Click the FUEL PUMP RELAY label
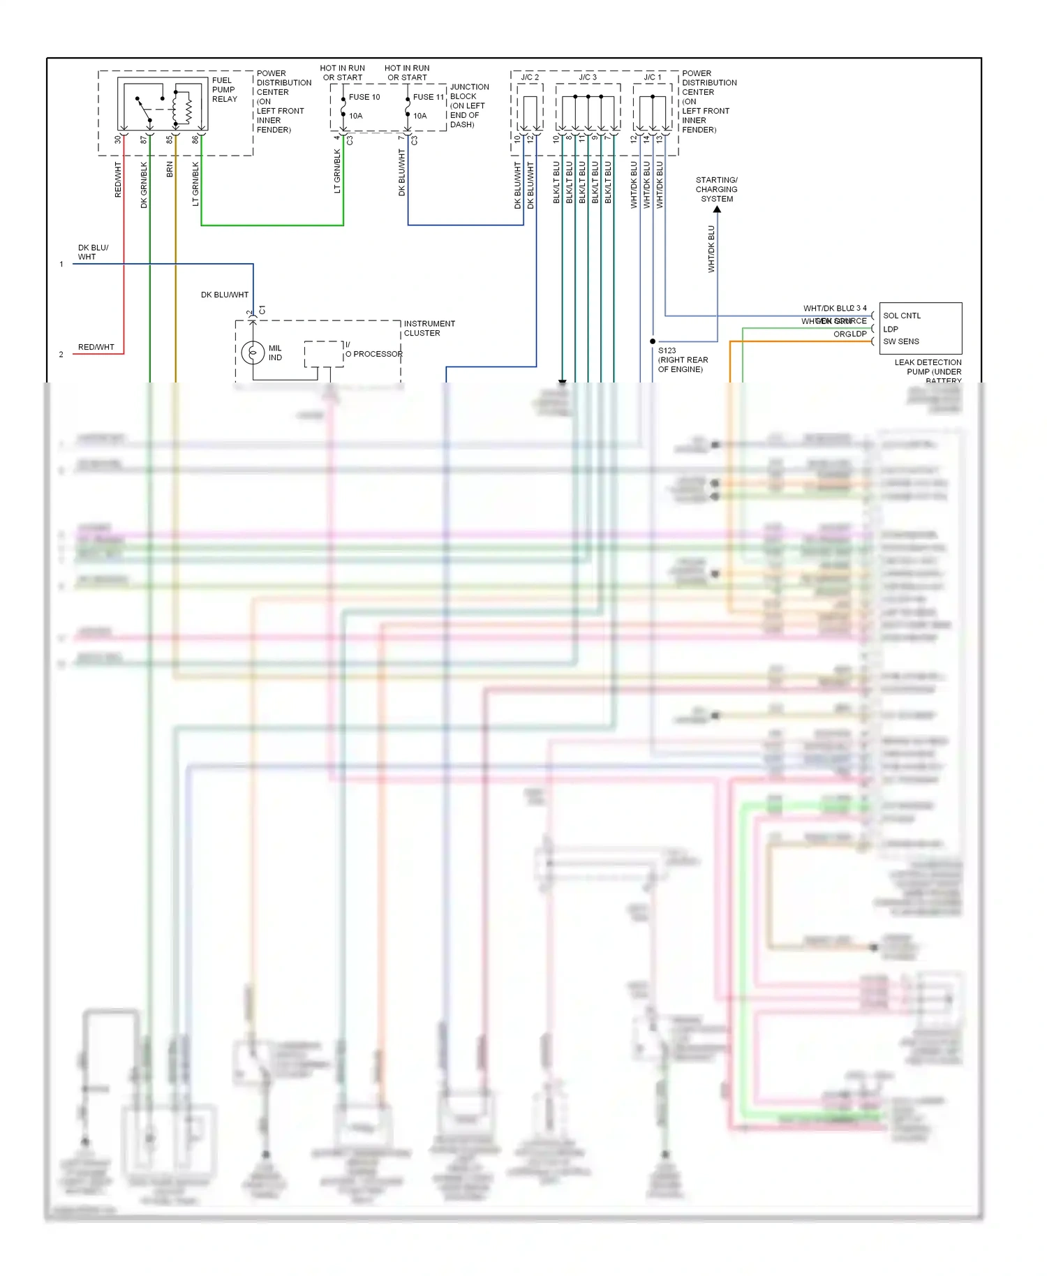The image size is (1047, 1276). point(224,90)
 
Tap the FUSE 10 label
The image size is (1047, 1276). point(364,97)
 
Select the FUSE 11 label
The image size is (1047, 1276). point(428,97)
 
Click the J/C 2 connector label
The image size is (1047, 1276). point(530,77)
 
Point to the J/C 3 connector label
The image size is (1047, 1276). point(588,77)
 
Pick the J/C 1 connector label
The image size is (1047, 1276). point(652,77)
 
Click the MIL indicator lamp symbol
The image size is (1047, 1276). point(253,353)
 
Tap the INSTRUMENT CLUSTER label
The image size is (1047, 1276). point(429,328)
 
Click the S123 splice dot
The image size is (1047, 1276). point(653,341)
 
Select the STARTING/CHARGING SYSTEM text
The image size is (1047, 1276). point(716,189)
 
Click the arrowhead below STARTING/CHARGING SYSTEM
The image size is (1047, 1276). point(717,209)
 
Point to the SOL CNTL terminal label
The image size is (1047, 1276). point(902,316)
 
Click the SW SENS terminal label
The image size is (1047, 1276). point(901,341)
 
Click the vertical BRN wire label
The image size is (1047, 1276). point(170,169)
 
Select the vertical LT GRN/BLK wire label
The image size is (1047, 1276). point(195,184)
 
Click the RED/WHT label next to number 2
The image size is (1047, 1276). point(96,347)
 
